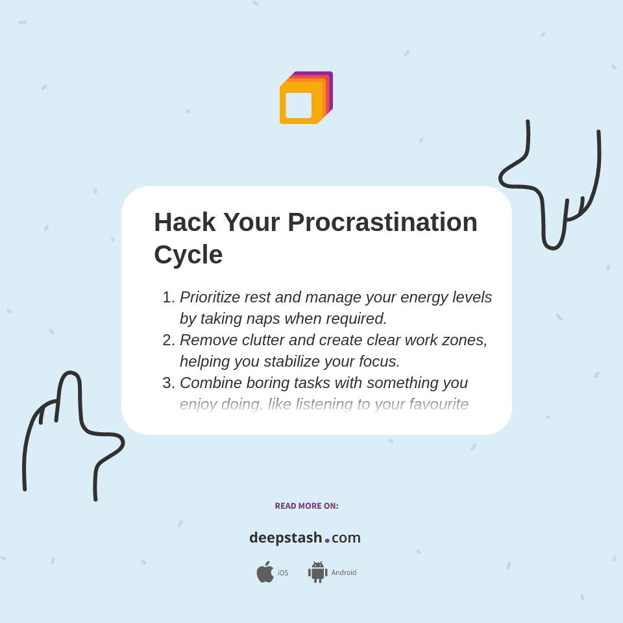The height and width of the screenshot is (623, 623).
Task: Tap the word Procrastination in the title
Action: click(382, 223)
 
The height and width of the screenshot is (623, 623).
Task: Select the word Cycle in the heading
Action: click(188, 254)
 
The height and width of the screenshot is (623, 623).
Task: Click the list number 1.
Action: click(168, 297)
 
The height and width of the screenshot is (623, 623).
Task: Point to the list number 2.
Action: click(168, 340)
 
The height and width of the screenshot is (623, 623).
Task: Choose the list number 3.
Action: click(168, 383)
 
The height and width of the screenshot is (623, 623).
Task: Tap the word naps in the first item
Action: click(263, 319)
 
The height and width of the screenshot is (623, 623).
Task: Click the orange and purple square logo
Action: click(306, 98)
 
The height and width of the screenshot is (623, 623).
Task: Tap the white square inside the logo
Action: click(299, 105)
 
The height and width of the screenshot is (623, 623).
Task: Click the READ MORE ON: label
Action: click(306, 506)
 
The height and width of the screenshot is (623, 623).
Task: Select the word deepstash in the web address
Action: click(286, 538)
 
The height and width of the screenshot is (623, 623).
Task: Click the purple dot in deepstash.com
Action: click(327, 541)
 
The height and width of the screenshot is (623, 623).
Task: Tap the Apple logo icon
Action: click(265, 572)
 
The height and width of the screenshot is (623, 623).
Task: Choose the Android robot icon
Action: click(317, 572)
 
